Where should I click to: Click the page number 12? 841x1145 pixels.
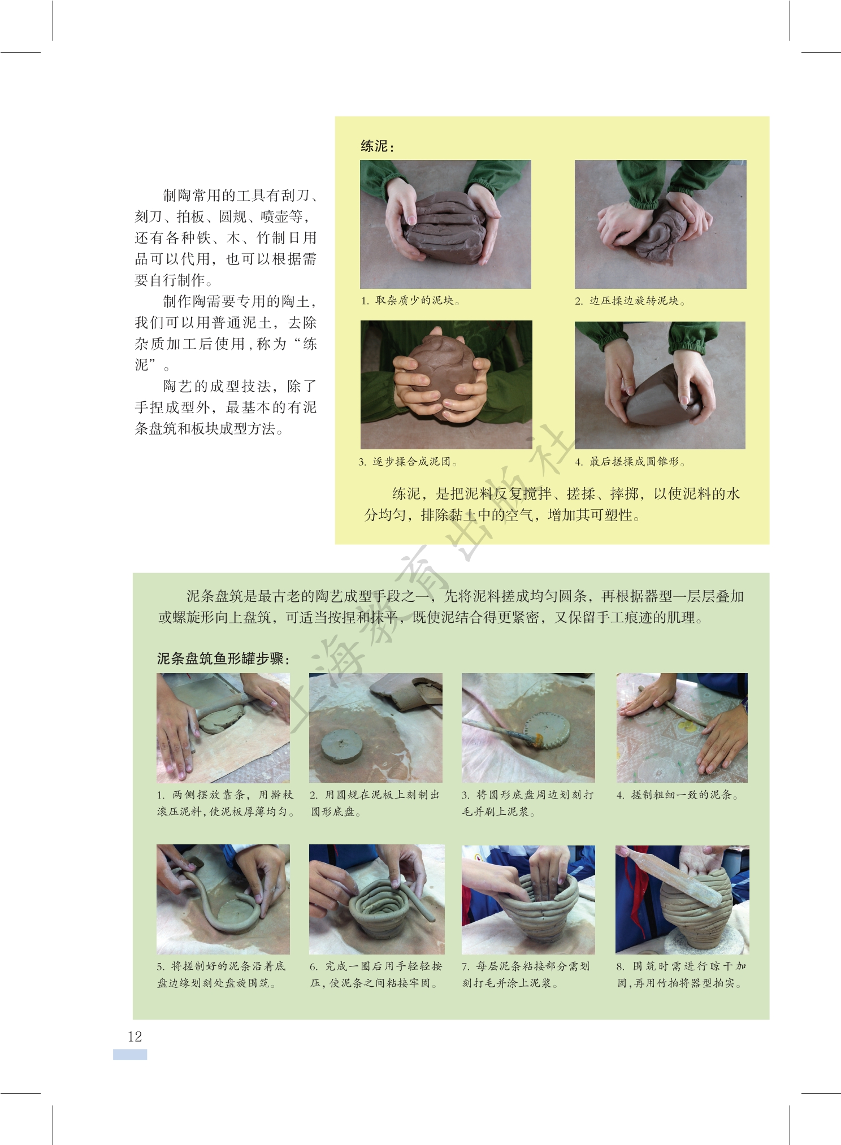[135, 1036]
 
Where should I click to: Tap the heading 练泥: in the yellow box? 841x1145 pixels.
[378, 146]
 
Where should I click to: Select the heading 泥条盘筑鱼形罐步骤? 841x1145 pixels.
[224, 659]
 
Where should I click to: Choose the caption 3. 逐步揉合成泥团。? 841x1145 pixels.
[408, 462]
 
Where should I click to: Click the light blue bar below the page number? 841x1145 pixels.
[130, 1055]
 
